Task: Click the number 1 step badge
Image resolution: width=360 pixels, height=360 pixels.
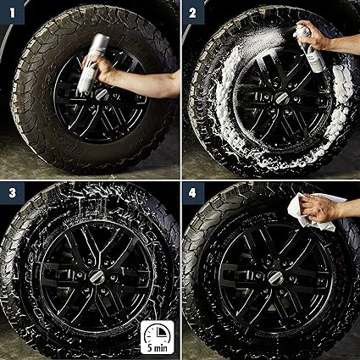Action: click(12, 12)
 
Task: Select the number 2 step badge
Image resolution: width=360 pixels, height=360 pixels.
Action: click(193, 12)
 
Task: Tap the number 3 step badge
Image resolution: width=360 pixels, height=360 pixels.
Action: click(12, 193)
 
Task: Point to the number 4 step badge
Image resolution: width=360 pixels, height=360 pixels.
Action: click(193, 193)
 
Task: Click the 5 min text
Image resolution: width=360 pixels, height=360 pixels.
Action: click(158, 347)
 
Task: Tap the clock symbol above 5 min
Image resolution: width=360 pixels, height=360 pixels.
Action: click(158, 333)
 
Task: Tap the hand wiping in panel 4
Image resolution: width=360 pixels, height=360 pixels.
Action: click(318, 208)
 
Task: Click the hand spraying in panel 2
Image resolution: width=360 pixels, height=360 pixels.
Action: click(314, 35)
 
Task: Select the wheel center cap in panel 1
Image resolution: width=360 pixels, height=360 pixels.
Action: click(102, 95)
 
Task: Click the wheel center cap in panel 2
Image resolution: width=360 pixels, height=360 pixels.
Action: click(282, 98)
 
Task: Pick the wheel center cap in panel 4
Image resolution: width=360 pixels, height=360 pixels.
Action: click(275, 277)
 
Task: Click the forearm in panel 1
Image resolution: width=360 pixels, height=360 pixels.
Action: click(147, 83)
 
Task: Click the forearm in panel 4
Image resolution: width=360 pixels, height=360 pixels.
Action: click(350, 209)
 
